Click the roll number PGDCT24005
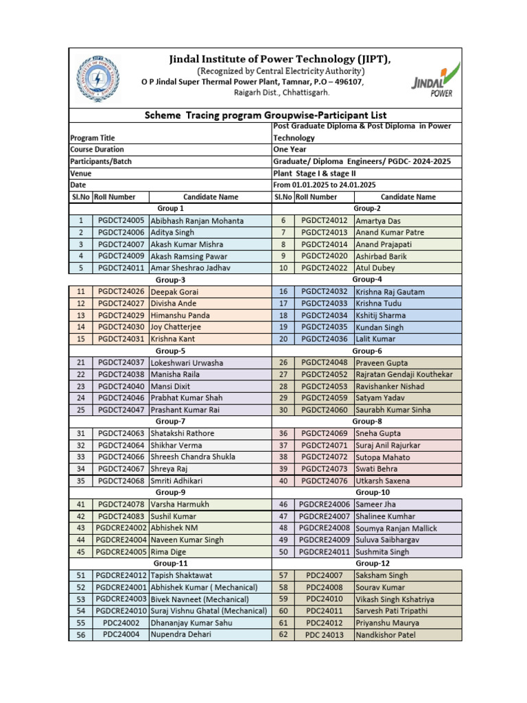tap(121, 220)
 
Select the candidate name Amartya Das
tap(378, 220)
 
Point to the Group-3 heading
tap(170, 279)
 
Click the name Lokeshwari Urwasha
tap(187, 362)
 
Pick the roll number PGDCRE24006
tap(324, 504)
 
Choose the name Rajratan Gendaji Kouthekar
tap(403, 374)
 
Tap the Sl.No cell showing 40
tap(283, 481)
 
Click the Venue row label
tap(81, 173)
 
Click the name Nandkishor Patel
tap(385, 635)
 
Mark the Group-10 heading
tap(372, 492)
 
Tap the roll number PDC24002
tap(121, 623)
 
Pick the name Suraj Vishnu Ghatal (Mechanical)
tap(209, 610)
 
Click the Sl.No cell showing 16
tap(283, 292)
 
